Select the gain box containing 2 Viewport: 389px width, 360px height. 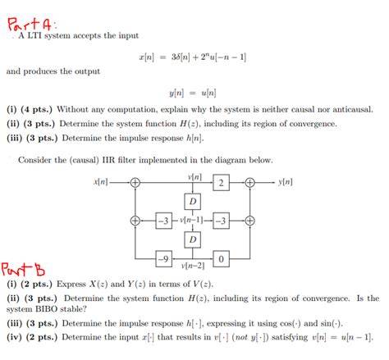222,182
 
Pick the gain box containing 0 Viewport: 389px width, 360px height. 222,259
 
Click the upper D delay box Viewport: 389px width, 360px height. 192,201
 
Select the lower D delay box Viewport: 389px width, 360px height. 192,239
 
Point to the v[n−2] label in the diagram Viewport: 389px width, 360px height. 192,267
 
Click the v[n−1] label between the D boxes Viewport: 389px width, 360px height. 192,221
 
